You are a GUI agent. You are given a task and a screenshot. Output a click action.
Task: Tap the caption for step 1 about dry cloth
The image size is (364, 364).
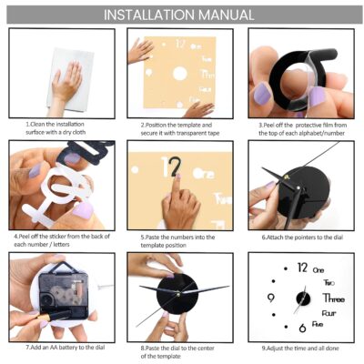[x=56, y=128]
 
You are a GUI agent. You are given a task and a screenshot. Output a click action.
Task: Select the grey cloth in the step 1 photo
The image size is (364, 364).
[x=70, y=79]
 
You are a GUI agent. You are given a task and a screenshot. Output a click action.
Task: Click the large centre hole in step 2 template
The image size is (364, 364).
[x=179, y=74]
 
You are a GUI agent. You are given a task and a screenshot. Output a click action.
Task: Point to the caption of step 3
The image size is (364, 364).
[x=302, y=129]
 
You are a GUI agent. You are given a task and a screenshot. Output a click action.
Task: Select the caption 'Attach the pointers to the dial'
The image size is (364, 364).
[x=302, y=238]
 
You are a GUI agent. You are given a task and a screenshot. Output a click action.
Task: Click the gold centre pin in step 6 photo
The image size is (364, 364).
[x=287, y=177]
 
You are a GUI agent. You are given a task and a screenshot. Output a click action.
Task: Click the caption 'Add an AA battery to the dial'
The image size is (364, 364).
[x=66, y=348]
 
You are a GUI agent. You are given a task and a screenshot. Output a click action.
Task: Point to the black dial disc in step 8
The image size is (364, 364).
[x=177, y=294]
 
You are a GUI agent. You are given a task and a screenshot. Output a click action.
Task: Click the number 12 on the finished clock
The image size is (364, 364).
[x=302, y=268]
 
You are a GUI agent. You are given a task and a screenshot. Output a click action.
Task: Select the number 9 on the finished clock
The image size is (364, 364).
[x=271, y=298]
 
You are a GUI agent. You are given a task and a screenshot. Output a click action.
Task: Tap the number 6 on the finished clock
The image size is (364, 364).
[x=302, y=328]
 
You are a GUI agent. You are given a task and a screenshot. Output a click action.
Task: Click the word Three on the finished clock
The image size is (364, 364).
[x=334, y=298]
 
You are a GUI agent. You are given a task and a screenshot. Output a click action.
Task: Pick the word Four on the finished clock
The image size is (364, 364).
[x=329, y=313]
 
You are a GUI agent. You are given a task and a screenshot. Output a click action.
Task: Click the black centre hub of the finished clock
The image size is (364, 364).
[x=303, y=298]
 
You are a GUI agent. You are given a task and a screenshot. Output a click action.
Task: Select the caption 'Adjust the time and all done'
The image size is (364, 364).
[x=300, y=349]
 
